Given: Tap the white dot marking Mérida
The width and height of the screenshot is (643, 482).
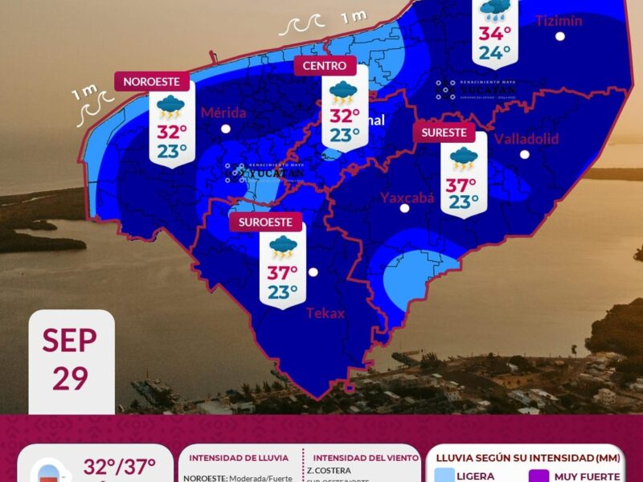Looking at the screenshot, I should tap(226, 129).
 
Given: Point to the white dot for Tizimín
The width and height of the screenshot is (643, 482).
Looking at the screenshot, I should tap(559, 36).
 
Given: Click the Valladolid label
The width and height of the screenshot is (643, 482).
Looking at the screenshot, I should tap(526, 138).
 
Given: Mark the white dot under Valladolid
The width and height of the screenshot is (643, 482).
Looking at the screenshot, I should tap(524, 154).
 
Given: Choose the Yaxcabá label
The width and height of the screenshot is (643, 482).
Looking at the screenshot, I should tap(407, 197).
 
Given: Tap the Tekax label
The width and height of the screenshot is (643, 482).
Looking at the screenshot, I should tap(325, 313).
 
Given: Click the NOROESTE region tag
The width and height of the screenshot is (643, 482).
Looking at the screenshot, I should tap(156, 81).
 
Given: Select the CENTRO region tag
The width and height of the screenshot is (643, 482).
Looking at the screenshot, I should tap(326, 66).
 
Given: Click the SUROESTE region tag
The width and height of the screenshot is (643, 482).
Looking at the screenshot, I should tap(265, 223).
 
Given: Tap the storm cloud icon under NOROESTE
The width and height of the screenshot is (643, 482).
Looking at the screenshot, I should tap(170, 105).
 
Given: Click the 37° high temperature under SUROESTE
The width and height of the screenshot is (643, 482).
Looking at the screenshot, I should tap(283, 272).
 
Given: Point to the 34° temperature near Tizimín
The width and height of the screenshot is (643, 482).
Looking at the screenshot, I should tap(495, 34).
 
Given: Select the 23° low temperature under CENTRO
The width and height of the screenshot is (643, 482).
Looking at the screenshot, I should tap(344, 135).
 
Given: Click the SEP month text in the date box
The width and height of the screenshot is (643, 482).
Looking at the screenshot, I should tap(70, 340).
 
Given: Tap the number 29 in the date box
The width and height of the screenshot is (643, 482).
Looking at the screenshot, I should tap(70, 378).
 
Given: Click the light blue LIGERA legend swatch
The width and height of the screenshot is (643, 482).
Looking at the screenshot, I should tap(434, 476).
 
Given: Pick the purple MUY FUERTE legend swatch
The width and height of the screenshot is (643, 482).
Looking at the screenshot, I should tap(539, 476).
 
